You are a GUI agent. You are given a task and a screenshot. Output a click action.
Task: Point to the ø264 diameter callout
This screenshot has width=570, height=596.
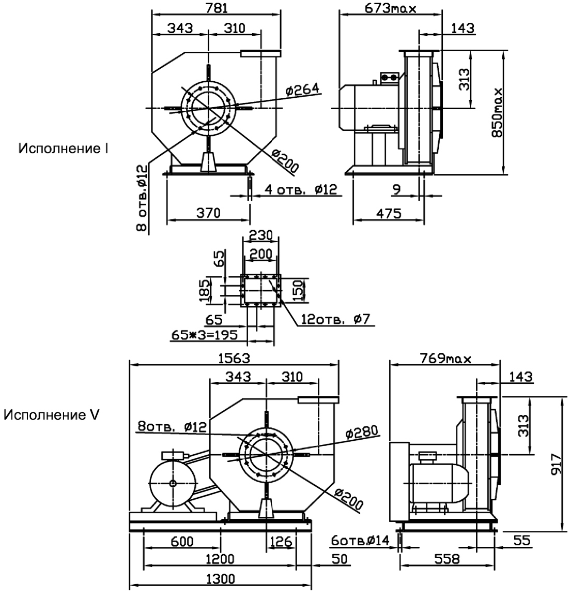[303, 90]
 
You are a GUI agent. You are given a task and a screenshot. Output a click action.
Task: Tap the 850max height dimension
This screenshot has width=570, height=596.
[497, 112]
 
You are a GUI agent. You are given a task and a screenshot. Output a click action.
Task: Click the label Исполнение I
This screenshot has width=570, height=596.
[63, 149]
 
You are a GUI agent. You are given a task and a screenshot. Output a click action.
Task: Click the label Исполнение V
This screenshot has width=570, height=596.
[52, 415]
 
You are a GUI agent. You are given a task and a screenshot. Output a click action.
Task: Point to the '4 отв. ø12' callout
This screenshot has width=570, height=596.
[300, 189]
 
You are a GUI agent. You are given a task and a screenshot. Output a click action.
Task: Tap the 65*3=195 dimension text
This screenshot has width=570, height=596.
[205, 335]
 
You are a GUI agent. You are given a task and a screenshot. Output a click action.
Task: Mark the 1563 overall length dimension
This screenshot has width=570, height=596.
[235, 358]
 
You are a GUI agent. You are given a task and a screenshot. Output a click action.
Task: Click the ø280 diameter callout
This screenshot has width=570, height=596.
[362, 431]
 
